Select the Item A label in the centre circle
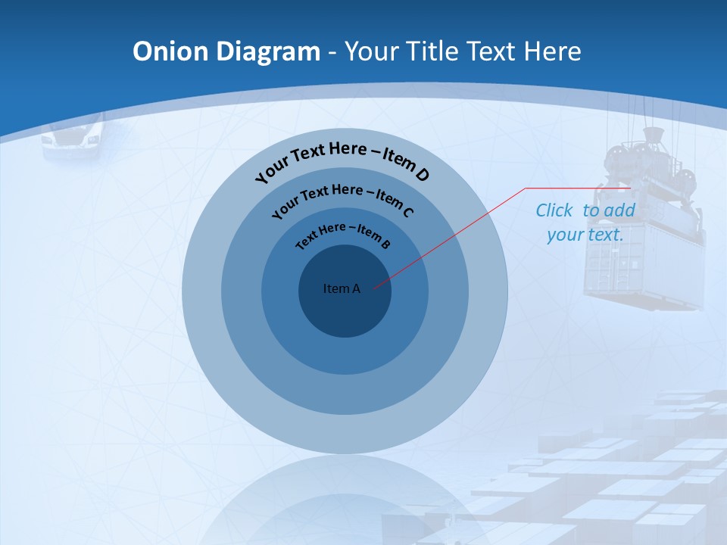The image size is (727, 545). coord(342,288)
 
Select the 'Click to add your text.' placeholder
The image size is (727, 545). coord(585,223)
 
